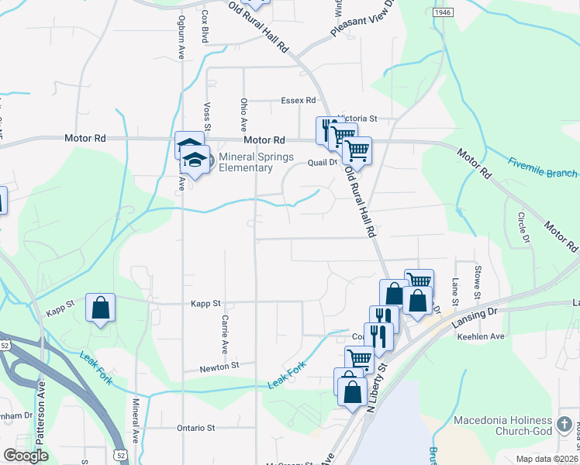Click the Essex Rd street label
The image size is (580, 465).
click(x=299, y=101)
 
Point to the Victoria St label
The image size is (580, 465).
click(x=357, y=119)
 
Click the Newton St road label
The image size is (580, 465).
click(x=218, y=365)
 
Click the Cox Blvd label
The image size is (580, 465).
click(x=205, y=26)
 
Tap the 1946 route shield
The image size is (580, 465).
click(x=442, y=12)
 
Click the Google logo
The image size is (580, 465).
click(x=26, y=456)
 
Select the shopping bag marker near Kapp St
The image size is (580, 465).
click(x=101, y=308)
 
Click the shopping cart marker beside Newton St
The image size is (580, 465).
click(x=359, y=359)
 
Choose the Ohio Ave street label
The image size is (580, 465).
click(x=243, y=113)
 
